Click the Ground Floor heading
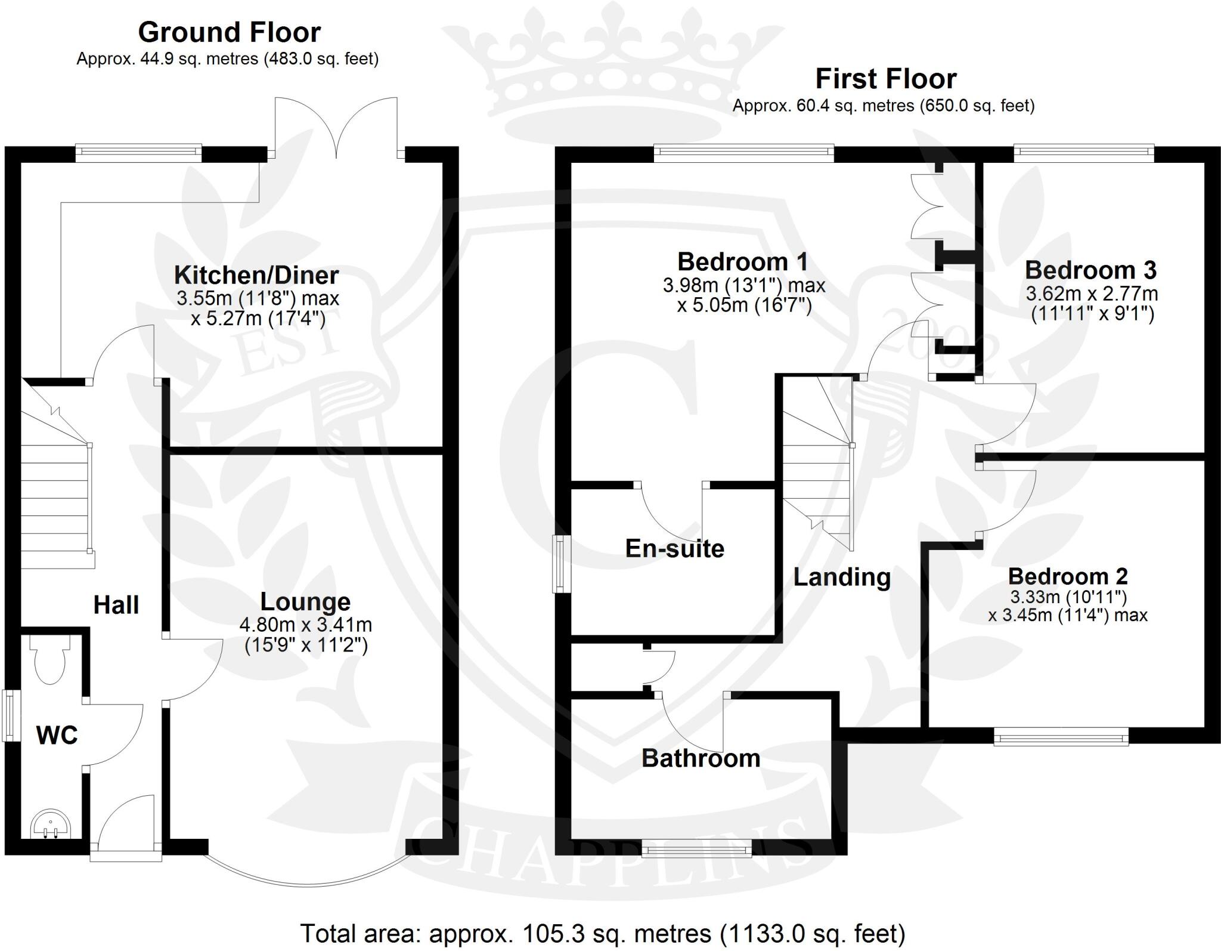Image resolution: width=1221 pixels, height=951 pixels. (229, 32)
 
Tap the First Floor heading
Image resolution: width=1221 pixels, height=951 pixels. (886, 79)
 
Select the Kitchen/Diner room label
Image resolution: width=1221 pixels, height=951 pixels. (256, 275)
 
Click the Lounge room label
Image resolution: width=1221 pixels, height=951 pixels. (305, 601)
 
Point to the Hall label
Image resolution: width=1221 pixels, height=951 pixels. (116, 605)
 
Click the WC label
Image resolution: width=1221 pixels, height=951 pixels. (57, 735)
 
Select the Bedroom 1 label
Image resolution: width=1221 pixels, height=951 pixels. (743, 261)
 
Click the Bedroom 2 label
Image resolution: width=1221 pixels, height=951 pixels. (1068, 576)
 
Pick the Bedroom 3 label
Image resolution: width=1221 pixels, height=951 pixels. (1090, 270)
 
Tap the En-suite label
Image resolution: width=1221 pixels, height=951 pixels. (674, 548)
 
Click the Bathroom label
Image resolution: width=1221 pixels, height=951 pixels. (701, 758)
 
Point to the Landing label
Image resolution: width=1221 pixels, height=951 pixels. (842, 577)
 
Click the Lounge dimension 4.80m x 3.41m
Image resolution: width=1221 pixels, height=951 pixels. (305, 625)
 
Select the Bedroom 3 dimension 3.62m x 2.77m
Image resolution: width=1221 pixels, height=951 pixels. (1092, 294)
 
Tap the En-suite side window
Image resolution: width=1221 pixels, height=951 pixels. (560, 564)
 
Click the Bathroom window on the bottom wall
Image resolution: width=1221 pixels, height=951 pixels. (696, 849)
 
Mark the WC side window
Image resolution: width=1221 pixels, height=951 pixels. (10, 715)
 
